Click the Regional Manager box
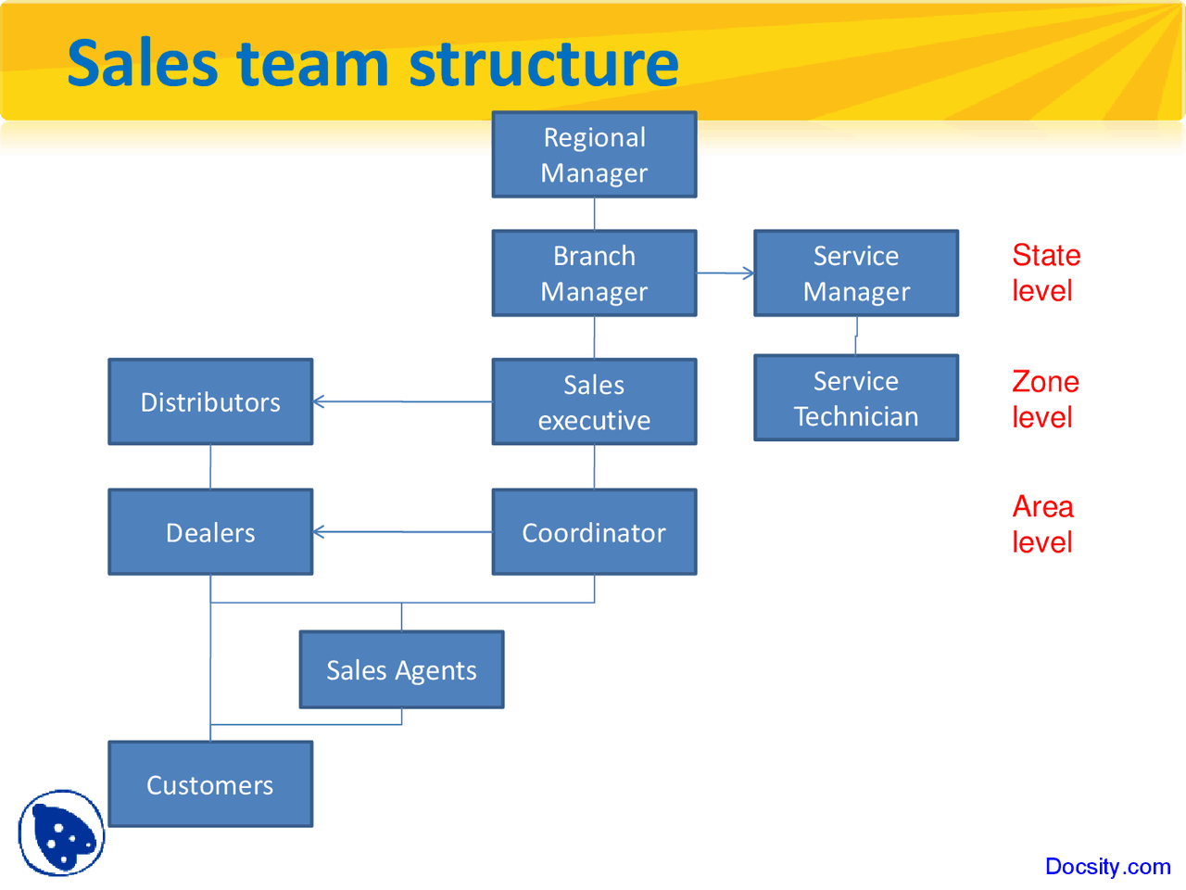pos(594,155)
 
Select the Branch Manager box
pos(594,273)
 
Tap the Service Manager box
pos(856,273)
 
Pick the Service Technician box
pos(856,398)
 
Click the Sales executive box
pos(594,402)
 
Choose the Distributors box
pos(210,402)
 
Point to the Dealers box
pos(210,532)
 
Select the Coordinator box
pos(594,532)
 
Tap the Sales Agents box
pos(401,670)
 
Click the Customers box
pos(210,784)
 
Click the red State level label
pos(1045,273)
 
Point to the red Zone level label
pos(1045,400)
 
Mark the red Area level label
pos(1042,525)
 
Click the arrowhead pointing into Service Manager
pos(749,273)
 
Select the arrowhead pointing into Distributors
pos(319,401)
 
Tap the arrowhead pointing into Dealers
pos(319,532)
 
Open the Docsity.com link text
pos(1107,867)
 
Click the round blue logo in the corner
pos(61,833)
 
